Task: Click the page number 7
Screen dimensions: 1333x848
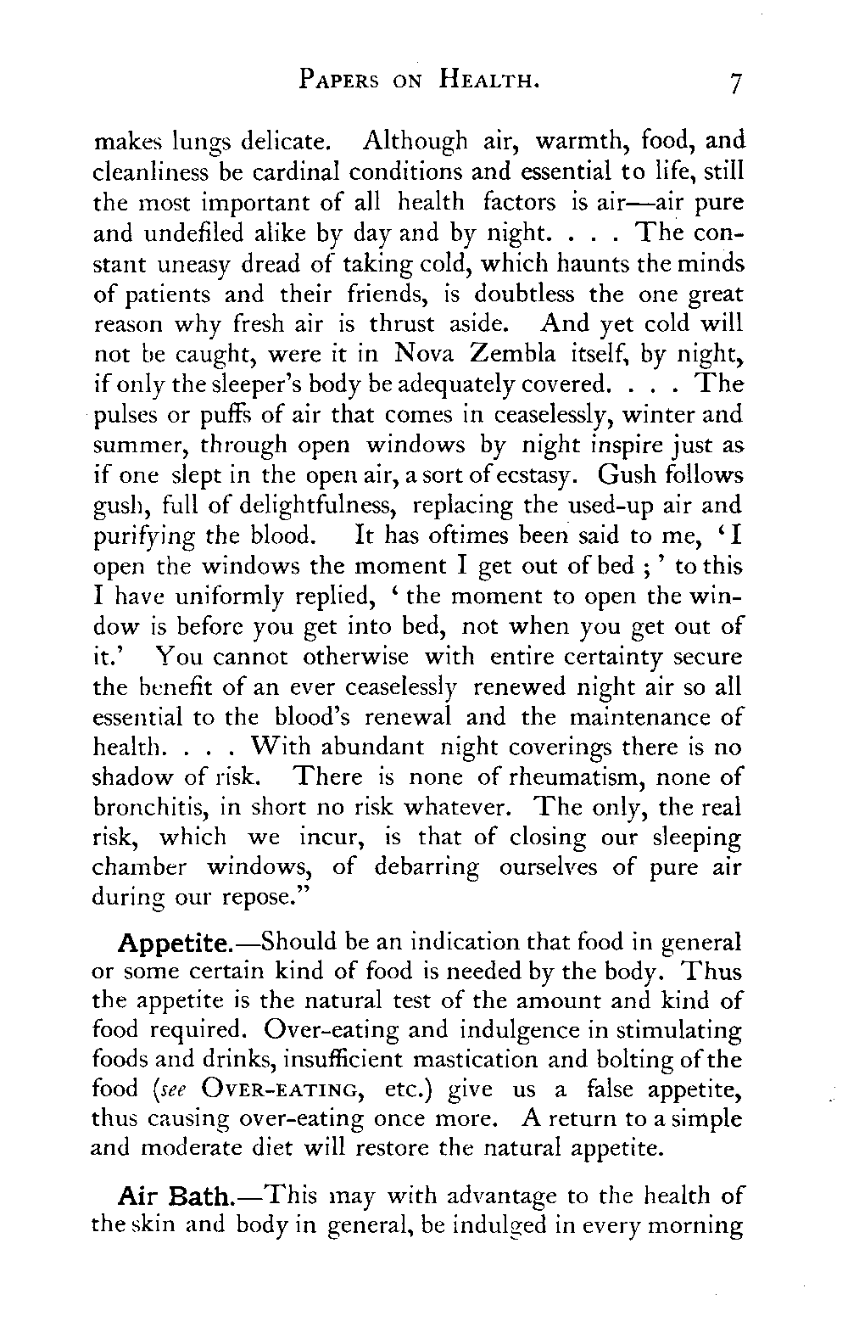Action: coord(734,83)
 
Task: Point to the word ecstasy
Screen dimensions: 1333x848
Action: coord(516,475)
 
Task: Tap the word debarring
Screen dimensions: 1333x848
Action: coord(431,870)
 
